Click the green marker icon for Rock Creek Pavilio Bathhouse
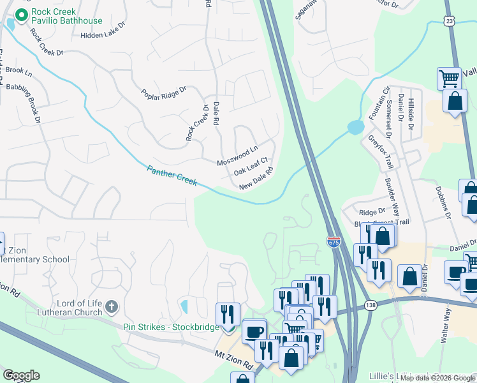[21, 14]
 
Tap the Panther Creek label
[172, 177]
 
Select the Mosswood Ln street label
[237, 154]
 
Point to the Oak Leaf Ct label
[249, 167]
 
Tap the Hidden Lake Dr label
[106, 36]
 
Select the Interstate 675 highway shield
[334, 242]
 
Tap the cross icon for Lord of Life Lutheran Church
[112, 306]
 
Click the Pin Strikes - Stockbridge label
[170, 327]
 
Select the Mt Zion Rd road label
[235, 360]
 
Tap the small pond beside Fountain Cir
[355, 128]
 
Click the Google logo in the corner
[21, 375]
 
